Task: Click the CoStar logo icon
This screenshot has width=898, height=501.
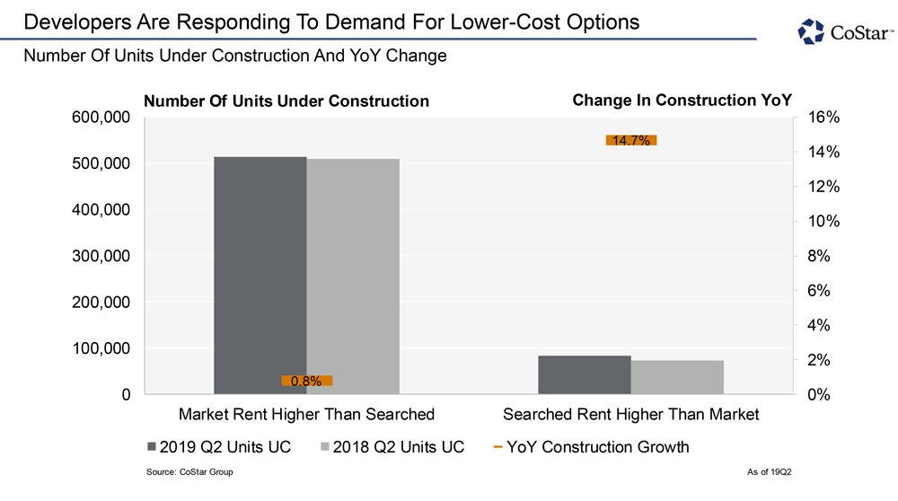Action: [x=811, y=31]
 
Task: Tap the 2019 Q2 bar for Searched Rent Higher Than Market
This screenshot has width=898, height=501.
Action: [x=584, y=374]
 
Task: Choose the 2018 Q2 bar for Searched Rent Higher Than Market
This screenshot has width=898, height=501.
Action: [x=677, y=377]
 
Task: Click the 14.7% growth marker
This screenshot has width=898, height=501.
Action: [x=631, y=140]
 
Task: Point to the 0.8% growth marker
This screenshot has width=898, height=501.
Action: [x=306, y=381]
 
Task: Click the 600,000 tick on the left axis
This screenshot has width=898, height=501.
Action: [x=100, y=118]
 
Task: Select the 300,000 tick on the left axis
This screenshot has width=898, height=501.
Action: [x=100, y=256]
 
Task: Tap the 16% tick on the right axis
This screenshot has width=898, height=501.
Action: [x=823, y=118]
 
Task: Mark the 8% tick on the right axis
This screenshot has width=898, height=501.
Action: [x=823, y=256]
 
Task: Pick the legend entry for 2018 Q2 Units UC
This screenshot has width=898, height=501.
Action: [x=392, y=446]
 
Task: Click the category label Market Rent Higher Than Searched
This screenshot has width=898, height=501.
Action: [x=306, y=414]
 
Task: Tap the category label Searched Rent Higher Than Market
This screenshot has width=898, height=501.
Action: [x=630, y=414]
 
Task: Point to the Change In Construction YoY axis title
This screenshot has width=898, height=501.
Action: [x=682, y=100]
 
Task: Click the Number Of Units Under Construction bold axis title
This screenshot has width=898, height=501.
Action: [x=286, y=101]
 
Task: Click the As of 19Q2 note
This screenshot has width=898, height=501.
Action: [x=770, y=472]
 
